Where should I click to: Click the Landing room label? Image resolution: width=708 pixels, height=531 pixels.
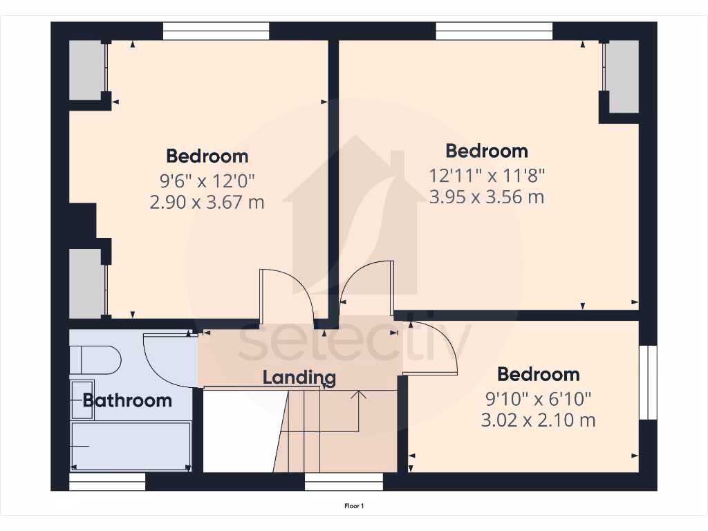pyautogui.click(x=299, y=378)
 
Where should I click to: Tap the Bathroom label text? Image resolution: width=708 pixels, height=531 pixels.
pyautogui.click(x=127, y=400)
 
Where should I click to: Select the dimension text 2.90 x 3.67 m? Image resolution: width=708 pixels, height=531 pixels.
pyautogui.click(x=207, y=202)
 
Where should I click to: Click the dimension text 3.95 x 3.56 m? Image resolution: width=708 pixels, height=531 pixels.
pyautogui.click(x=487, y=197)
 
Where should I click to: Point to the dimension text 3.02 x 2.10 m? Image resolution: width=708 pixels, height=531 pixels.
pyautogui.click(x=538, y=420)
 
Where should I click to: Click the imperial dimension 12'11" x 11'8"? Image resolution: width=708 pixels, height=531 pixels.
pyautogui.click(x=487, y=174)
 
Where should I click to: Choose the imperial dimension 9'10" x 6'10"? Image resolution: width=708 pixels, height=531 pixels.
pyautogui.click(x=538, y=398)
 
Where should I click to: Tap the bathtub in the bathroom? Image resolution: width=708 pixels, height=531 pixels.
pyautogui.click(x=131, y=446)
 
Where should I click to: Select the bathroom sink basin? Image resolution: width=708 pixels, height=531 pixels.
pyautogui.click(x=82, y=399)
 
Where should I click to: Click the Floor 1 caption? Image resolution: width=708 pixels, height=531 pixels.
pyautogui.click(x=354, y=507)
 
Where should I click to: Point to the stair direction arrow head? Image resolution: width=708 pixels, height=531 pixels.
pyautogui.click(x=359, y=395)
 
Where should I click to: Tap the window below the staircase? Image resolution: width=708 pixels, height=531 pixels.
pyautogui.click(x=344, y=482)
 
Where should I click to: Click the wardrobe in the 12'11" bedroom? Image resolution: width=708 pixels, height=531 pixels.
pyautogui.click(x=622, y=76)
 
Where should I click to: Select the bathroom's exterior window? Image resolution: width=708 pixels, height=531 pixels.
pyautogui.click(x=107, y=482)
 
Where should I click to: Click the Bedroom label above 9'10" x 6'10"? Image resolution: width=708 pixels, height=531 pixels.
pyautogui.click(x=538, y=375)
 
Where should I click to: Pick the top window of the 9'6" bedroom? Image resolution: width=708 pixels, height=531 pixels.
pyautogui.click(x=216, y=31)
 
